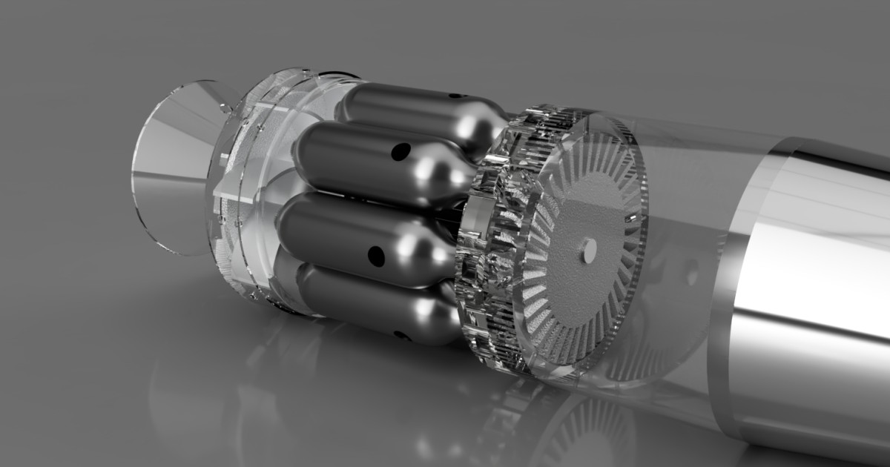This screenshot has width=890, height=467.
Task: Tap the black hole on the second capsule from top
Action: coord(400,152)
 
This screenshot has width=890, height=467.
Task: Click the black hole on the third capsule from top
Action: coord(376,256)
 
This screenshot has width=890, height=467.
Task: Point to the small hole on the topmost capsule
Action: coord(454,96)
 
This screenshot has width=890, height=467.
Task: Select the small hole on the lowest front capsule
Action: coord(401,335)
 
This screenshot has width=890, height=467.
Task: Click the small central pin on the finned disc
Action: coord(589,251)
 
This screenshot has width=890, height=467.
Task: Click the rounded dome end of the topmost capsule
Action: coord(482,126)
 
